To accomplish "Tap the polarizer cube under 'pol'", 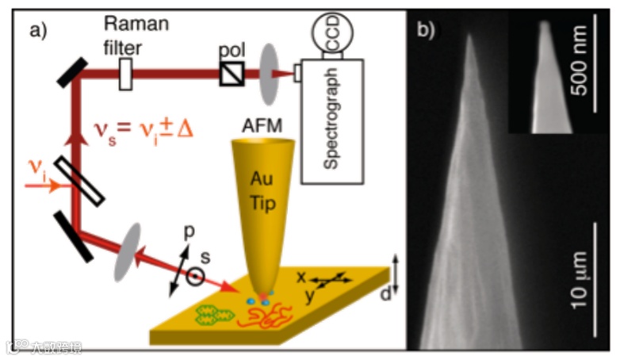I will [x=232, y=75].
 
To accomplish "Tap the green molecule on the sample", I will [x=212, y=316].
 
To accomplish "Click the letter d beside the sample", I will [x=385, y=295].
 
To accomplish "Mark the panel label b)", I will [x=427, y=32].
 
